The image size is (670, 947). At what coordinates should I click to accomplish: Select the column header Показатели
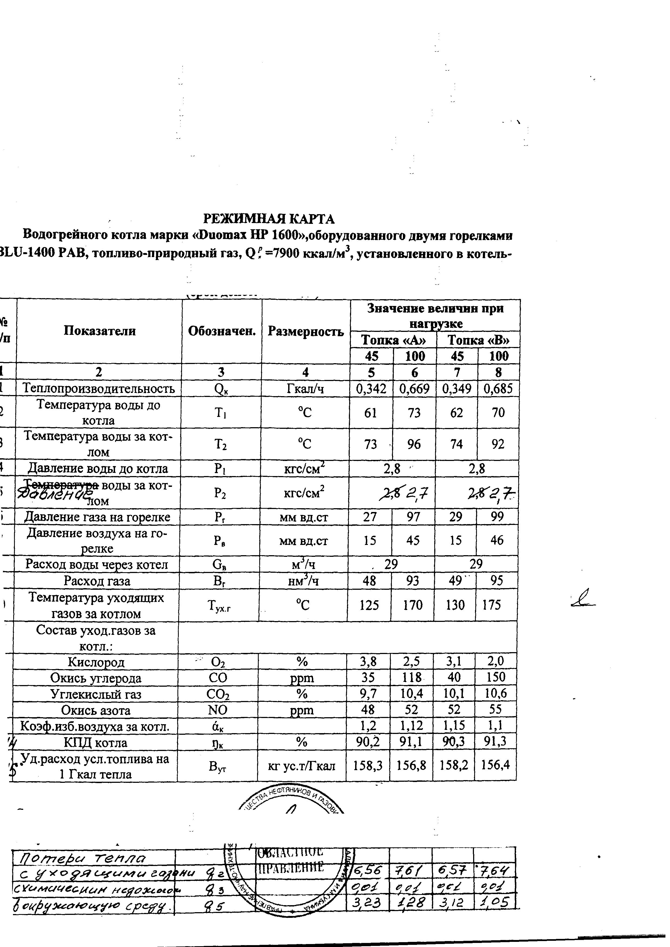click(x=99, y=331)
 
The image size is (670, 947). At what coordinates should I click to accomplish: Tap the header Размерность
click(x=306, y=331)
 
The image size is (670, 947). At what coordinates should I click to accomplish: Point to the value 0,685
click(x=498, y=389)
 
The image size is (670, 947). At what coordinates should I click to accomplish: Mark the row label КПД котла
click(x=96, y=743)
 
